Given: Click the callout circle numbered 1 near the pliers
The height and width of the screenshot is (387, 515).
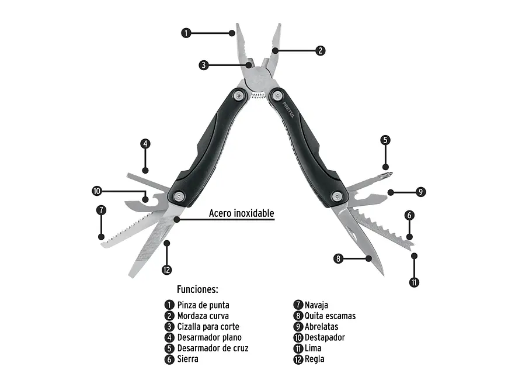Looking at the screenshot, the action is click(186, 33).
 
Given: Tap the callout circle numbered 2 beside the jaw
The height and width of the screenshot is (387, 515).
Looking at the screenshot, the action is click(320, 51).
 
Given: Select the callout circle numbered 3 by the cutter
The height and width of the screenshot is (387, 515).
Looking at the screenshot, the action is click(204, 65).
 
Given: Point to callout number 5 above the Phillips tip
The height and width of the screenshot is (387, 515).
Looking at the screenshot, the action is click(385, 140).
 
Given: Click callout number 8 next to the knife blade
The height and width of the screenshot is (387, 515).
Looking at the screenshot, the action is click(338, 259).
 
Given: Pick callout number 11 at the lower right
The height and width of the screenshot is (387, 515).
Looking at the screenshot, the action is click(414, 282).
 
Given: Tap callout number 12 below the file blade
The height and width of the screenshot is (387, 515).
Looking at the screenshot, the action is click(167, 270).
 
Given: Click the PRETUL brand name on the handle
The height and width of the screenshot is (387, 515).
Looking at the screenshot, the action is click(288, 110).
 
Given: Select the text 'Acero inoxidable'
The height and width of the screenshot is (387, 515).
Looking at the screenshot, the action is click(241, 213).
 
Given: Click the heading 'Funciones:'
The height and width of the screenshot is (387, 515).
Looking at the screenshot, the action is click(197, 289).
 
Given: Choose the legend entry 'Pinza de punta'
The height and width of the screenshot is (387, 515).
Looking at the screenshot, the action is click(203, 305).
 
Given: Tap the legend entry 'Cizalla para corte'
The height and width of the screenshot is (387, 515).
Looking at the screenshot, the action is click(208, 327).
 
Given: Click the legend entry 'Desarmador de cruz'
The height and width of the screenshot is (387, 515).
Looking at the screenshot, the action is click(213, 348).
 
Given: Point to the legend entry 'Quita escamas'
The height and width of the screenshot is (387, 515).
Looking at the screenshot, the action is click(330, 316).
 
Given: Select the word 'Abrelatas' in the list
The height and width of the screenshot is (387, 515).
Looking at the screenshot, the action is click(321, 327).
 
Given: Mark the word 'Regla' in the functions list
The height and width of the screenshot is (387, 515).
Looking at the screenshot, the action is click(314, 359).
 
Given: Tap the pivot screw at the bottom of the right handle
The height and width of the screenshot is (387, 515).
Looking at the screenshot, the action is click(337, 197).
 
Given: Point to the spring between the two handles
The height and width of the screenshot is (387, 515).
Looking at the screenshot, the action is click(259, 96).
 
